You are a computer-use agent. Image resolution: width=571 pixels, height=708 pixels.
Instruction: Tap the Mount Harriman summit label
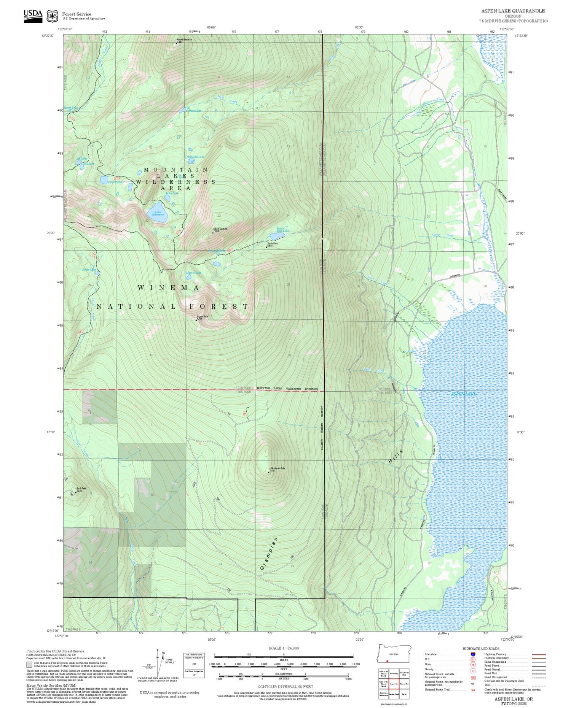tap(184, 40)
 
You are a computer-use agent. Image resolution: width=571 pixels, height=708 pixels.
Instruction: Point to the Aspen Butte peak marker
tap(196, 320)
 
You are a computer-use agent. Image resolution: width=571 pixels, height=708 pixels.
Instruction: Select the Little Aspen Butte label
tap(277, 468)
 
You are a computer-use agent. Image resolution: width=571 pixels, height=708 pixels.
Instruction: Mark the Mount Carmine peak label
tap(220, 229)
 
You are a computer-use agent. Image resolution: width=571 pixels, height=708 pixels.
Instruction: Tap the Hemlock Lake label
tap(195, 157)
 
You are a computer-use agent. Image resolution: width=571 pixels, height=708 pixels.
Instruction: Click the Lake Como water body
tap(104, 179)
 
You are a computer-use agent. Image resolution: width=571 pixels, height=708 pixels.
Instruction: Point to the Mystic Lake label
tap(193, 273)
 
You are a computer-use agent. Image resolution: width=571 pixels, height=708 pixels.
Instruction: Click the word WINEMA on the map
tap(168, 288)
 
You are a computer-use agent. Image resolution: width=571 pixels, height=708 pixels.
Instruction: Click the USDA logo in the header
tap(33, 14)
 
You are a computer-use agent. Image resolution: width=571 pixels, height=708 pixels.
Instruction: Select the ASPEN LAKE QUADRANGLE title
tap(513, 11)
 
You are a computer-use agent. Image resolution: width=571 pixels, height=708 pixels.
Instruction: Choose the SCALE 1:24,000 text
tap(284, 648)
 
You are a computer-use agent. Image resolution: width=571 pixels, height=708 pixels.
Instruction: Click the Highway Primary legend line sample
tap(538, 654)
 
